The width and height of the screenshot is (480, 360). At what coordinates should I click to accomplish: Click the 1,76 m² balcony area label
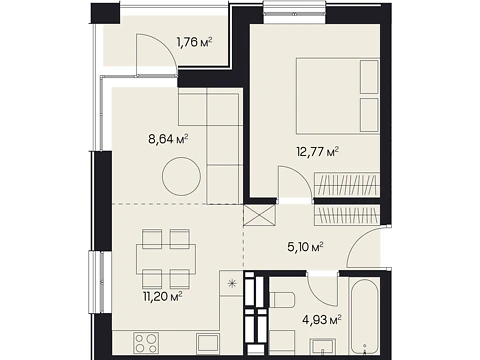click(x=195, y=42)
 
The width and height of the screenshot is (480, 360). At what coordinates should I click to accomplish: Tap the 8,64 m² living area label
click(x=168, y=139)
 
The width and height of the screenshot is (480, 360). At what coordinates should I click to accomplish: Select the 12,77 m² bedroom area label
click(x=318, y=152)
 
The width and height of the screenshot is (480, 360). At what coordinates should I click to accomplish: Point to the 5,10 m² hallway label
click(x=305, y=247)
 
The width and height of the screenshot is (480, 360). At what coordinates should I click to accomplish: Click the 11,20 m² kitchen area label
click(x=163, y=296)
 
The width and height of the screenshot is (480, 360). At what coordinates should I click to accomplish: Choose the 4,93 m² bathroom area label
click(x=322, y=320)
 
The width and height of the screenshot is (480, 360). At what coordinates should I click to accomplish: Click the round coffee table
click(x=182, y=176)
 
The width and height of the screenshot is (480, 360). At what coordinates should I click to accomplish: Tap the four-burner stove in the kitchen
click(x=146, y=343)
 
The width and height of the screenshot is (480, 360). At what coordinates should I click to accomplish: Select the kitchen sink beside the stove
click(x=207, y=343)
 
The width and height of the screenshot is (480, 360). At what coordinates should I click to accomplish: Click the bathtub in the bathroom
click(x=364, y=318)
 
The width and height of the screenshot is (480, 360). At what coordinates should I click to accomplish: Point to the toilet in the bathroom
click(x=281, y=300)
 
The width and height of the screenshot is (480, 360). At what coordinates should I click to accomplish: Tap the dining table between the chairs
click(x=166, y=259)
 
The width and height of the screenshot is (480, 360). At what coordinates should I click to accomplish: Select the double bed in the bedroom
click(x=338, y=95)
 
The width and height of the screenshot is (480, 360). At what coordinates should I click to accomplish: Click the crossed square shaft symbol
click(x=260, y=217)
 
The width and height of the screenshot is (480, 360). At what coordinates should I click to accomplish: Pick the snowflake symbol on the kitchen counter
click(x=231, y=284)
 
